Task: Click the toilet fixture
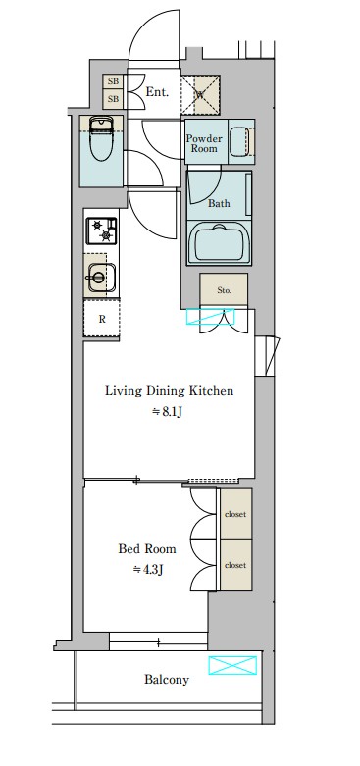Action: coord(102,137)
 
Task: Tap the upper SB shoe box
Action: coord(113,81)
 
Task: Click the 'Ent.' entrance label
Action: coord(157,92)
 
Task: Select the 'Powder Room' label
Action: coord(204,143)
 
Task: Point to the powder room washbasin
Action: coord(240,141)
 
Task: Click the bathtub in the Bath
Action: coord(219,243)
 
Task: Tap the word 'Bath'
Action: coord(219,203)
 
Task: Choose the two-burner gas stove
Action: coord(102,230)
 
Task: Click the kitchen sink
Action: coord(101,278)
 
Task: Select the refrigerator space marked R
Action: coord(102,319)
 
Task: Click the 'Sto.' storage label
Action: coord(224,290)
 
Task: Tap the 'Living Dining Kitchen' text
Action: coord(169,391)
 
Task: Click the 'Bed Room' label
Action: coord(147,548)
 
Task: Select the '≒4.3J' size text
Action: coord(147,569)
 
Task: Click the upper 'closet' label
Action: coord(235,514)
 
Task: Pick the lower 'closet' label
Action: coord(235,565)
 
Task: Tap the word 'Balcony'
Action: coord(167,680)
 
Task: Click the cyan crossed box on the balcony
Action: coord(232,665)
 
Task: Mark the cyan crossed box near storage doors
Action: coord(211,316)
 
